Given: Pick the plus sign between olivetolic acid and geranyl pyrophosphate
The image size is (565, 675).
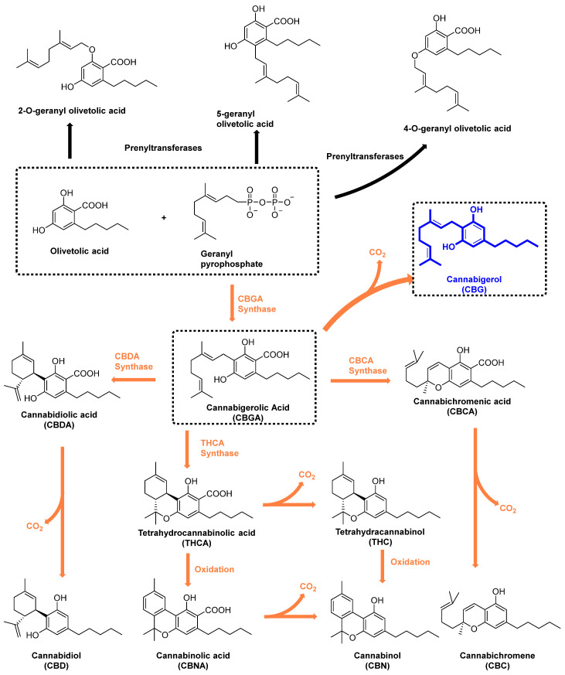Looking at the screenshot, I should click(x=164, y=218).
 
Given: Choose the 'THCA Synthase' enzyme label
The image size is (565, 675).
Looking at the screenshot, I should click(x=233, y=444).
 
